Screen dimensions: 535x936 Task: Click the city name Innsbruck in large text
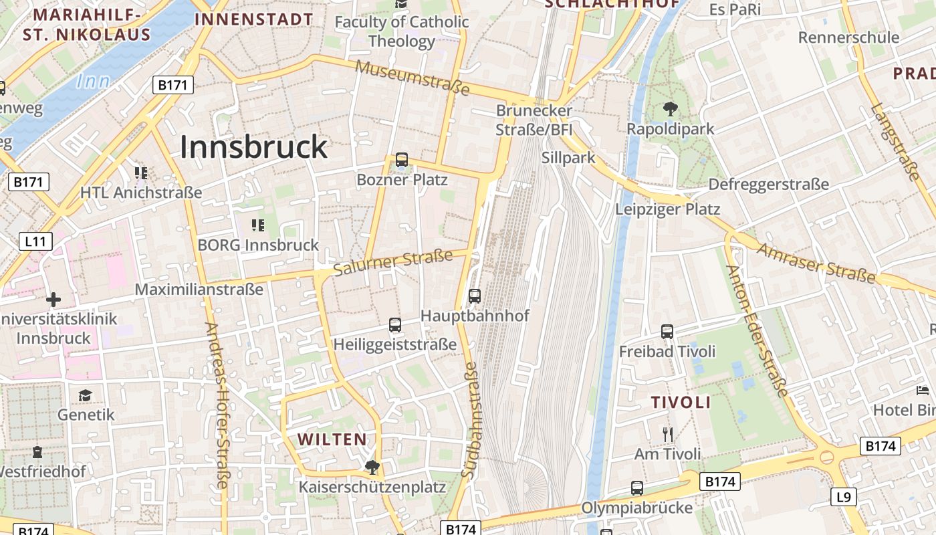click(x=254, y=147)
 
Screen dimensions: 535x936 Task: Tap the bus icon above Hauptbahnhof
click(x=475, y=296)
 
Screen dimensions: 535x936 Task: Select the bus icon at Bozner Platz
click(x=401, y=160)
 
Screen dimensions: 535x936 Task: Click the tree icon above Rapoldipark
click(x=670, y=109)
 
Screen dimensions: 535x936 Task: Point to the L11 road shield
click(x=35, y=241)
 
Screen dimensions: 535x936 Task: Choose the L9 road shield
click(x=844, y=497)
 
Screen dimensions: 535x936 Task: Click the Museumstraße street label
click(x=413, y=78)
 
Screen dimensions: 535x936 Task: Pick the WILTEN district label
click(x=332, y=439)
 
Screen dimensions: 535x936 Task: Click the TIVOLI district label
click(x=681, y=402)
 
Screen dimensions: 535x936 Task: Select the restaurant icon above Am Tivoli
click(x=667, y=435)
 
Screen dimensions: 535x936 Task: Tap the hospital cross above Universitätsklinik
click(x=53, y=300)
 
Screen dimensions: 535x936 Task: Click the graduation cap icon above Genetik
click(x=85, y=395)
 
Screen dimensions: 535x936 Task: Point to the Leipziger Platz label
click(x=667, y=209)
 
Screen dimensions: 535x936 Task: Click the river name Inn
click(x=92, y=82)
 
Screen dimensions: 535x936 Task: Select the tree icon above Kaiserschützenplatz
click(x=372, y=467)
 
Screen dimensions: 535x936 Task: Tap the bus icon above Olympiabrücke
click(x=636, y=488)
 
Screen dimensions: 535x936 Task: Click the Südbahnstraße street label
click(x=469, y=419)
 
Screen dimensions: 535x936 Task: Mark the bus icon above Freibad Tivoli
click(x=667, y=331)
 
